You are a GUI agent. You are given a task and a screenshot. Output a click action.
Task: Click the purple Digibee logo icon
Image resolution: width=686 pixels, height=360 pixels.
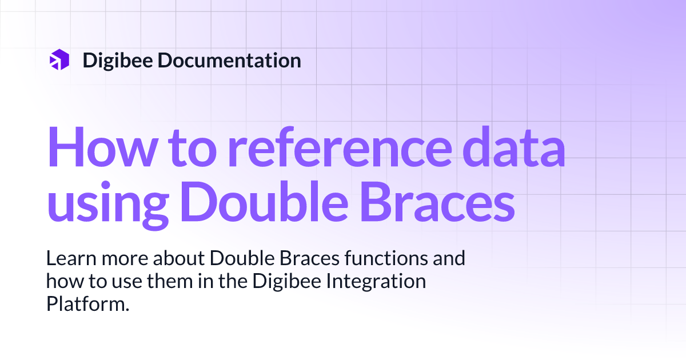[x=59, y=60]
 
